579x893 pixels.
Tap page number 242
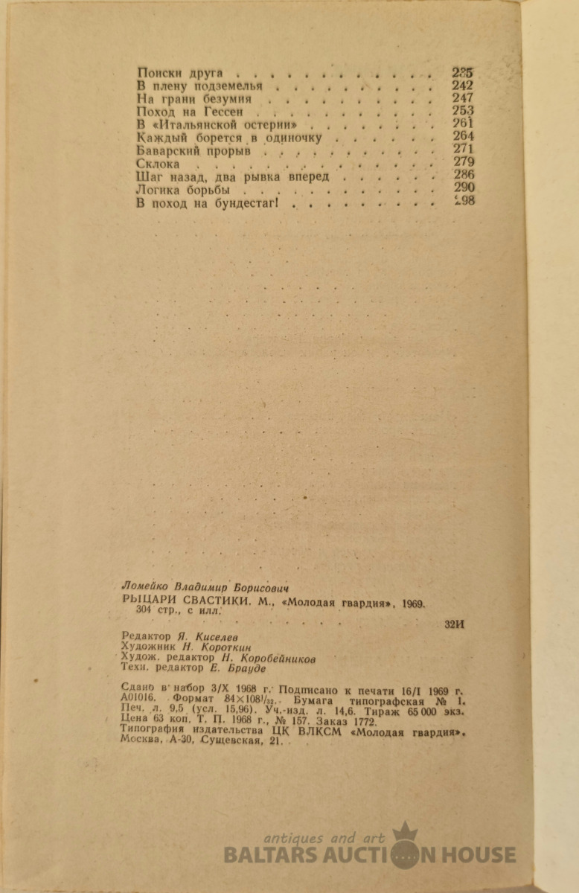[463, 86]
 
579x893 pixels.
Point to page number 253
[463, 111]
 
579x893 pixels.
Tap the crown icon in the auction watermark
[404, 831]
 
